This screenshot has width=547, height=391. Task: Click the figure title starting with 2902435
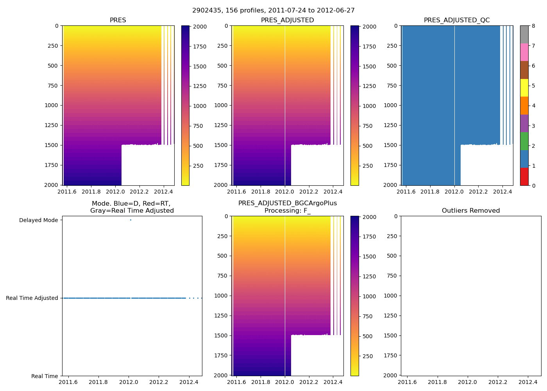pyautogui.click(x=273, y=11)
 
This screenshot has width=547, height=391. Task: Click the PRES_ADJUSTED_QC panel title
pyautogui.click(x=457, y=20)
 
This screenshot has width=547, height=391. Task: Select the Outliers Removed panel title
pyautogui.click(x=471, y=211)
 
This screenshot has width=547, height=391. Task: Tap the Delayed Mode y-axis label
pyautogui.click(x=38, y=220)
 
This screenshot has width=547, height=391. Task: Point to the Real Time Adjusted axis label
pyautogui.click(x=32, y=298)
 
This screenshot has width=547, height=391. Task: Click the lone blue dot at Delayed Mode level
pyautogui.click(x=130, y=220)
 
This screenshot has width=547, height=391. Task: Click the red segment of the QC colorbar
pyautogui.click(x=524, y=176)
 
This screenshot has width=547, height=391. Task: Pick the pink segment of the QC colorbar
pyautogui.click(x=524, y=52)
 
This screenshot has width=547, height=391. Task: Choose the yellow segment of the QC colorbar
pyautogui.click(x=524, y=88)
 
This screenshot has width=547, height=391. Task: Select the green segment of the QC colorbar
pyautogui.click(x=524, y=141)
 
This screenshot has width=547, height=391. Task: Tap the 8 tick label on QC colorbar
pyautogui.click(x=533, y=26)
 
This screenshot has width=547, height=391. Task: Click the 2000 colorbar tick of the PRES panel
pyautogui.click(x=200, y=27)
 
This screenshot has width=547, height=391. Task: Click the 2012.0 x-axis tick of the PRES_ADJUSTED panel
pyautogui.click(x=285, y=192)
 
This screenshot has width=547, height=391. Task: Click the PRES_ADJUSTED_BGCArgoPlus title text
pyautogui.click(x=288, y=203)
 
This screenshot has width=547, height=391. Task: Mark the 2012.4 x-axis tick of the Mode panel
pyautogui.click(x=189, y=382)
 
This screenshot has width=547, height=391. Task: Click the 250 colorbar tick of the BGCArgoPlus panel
pyautogui.click(x=368, y=356)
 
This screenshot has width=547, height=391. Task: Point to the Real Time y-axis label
pyautogui.click(x=45, y=376)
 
